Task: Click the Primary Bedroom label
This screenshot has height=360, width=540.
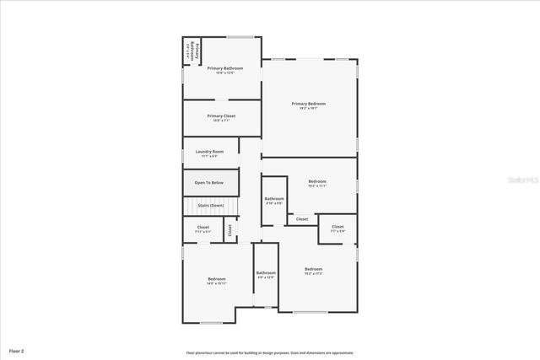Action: tap(309, 104)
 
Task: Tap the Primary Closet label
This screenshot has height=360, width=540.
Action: tap(221, 116)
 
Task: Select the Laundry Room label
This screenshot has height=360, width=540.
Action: tap(209, 152)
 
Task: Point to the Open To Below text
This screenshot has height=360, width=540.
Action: tap(209, 183)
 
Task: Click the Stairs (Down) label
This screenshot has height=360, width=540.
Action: tap(211, 206)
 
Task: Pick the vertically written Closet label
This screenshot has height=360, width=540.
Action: tap(229, 228)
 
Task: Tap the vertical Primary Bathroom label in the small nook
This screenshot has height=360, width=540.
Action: tap(193, 51)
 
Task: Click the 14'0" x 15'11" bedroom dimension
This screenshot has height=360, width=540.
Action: tap(217, 283)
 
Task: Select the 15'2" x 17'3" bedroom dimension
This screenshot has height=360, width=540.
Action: tap(313, 274)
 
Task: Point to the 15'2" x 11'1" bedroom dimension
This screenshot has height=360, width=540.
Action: tap(317, 186)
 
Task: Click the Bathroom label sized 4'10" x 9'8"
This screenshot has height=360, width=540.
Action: tap(275, 199)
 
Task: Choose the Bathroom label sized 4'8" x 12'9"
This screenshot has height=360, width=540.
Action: tap(266, 272)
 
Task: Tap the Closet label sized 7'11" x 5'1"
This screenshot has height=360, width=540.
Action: tap(203, 227)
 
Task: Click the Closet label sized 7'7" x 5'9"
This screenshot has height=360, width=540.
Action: tap(337, 227)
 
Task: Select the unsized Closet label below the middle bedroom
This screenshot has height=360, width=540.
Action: tap(302, 219)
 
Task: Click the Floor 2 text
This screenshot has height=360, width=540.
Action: tap(17, 350)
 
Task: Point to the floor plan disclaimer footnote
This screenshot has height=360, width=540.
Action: tap(270, 352)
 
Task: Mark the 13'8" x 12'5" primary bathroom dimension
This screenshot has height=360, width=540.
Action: tap(225, 73)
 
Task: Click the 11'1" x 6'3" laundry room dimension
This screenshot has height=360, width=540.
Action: tap(209, 156)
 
